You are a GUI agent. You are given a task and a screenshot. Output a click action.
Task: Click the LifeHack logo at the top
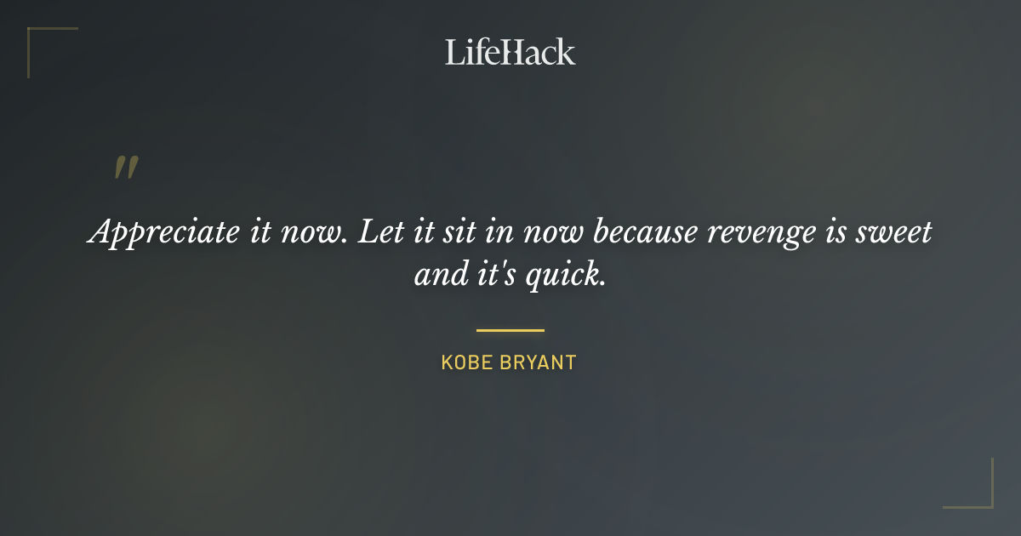[510, 52]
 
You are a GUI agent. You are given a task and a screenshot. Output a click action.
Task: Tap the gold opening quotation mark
[126, 168]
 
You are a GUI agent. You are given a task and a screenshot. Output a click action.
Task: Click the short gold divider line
[510, 330]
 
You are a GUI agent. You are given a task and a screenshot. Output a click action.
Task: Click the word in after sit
[501, 232]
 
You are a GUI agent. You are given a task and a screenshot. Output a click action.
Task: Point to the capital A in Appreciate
[100, 232]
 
